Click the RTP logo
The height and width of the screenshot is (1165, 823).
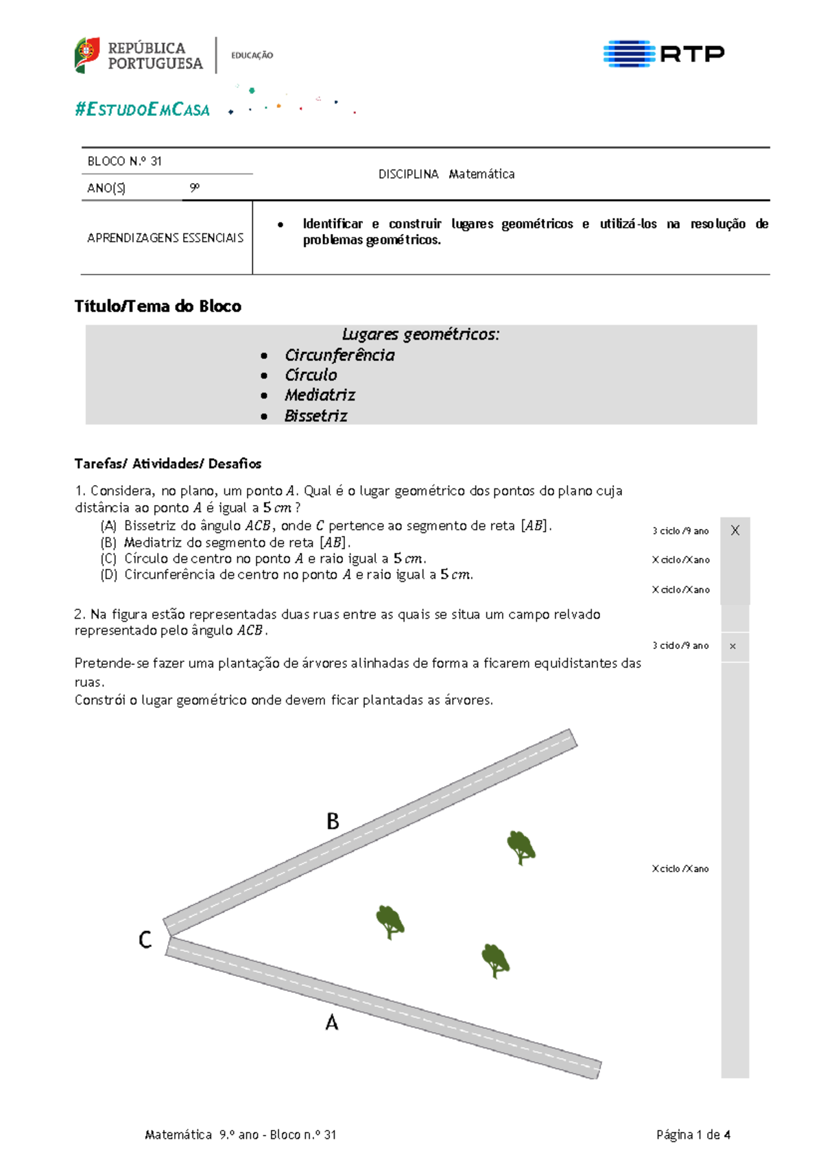tap(663, 54)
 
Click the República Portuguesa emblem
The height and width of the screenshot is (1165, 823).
tap(87, 55)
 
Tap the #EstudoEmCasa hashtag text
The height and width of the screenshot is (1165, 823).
tap(142, 110)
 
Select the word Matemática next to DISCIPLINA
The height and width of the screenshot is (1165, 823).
tap(481, 174)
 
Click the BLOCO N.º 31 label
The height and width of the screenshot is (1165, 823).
tap(124, 161)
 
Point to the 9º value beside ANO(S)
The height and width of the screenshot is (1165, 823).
tap(195, 187)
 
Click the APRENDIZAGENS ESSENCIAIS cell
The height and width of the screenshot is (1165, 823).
tap(165, 238)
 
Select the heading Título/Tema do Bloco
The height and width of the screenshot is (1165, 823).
tap(158, 306)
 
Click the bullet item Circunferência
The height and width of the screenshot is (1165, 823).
tap(339, 355)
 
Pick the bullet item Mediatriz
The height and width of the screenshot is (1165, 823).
tap(320, 395)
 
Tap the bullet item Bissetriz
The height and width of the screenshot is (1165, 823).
tap(315, 416)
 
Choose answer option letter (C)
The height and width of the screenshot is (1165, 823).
tap(108, 558)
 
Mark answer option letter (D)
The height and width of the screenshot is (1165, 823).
tap(108, 575)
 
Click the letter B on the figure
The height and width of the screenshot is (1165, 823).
tap(333, 821)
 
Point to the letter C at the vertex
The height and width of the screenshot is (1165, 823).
tap(145, 939)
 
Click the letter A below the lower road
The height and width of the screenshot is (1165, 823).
tap(331, 1023)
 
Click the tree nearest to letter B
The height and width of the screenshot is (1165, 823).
tap(521, 847)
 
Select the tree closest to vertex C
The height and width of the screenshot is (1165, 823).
tap(390, 921)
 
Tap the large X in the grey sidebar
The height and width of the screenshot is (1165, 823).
tap(735, 530)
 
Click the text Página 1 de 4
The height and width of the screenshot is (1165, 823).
tap(693, 1135)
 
